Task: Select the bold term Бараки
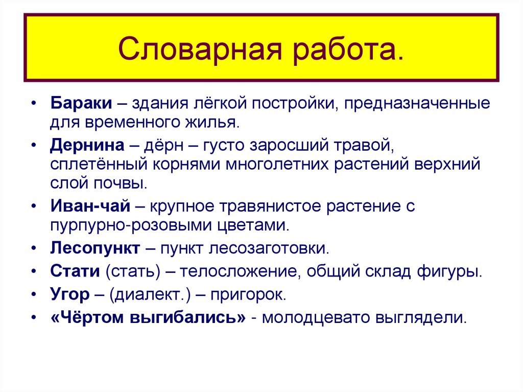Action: coord(81,103)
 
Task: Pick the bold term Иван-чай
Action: coord(90,206)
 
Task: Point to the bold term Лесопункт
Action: coord(95,249)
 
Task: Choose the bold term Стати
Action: coord(75,271)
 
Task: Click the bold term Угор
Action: coord(70,295)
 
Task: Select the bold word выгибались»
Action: coord(188,317)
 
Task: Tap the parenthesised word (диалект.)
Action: coord(144,295)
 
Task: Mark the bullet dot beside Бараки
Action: coord(33,104)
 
